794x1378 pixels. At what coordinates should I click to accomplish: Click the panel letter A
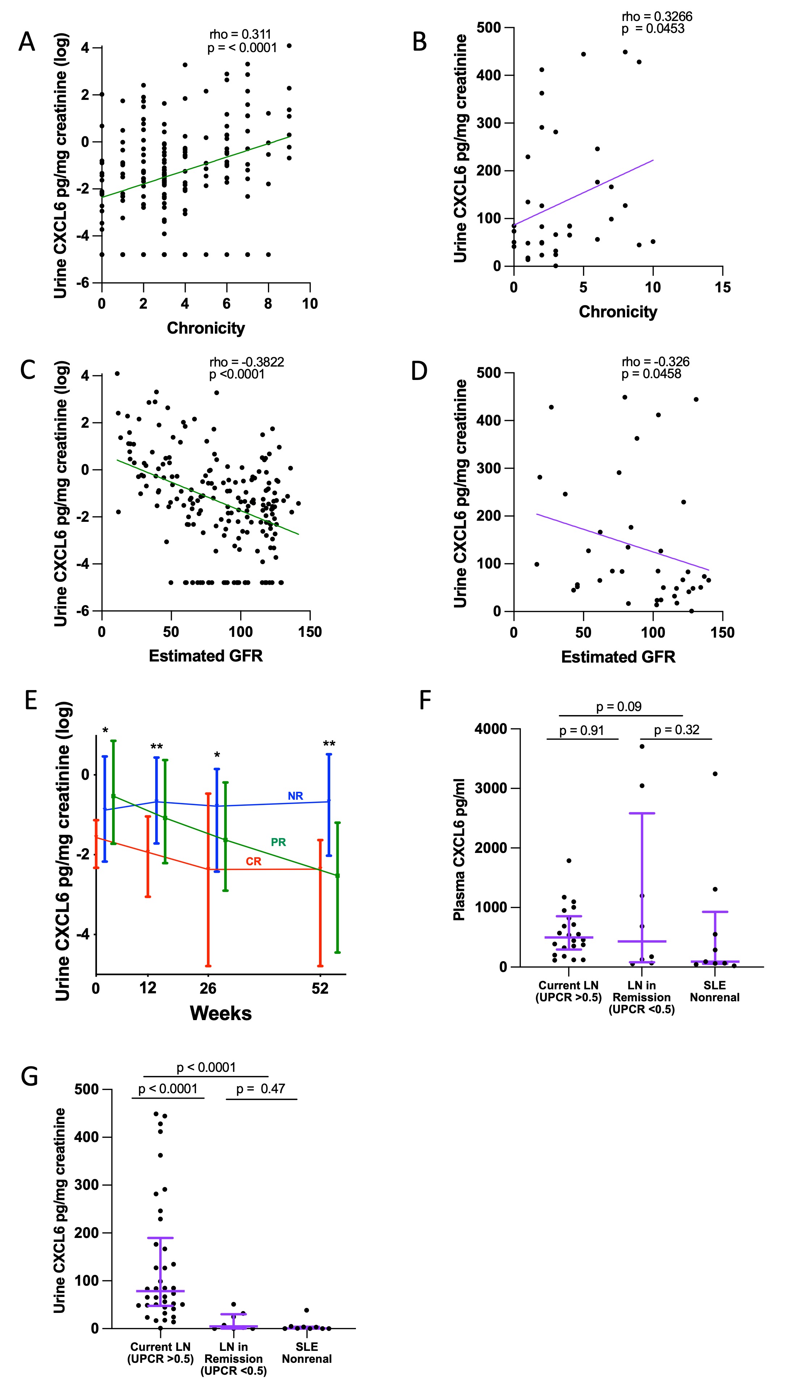27,42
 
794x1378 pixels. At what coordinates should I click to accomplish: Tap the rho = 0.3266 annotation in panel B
657,16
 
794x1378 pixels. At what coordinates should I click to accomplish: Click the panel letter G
29,1077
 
